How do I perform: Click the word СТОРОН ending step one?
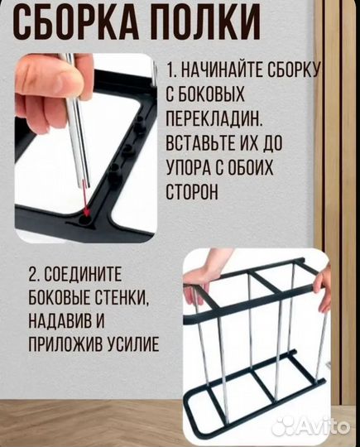[x=192, y=192]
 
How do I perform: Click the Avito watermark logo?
[x=310, y=426]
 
